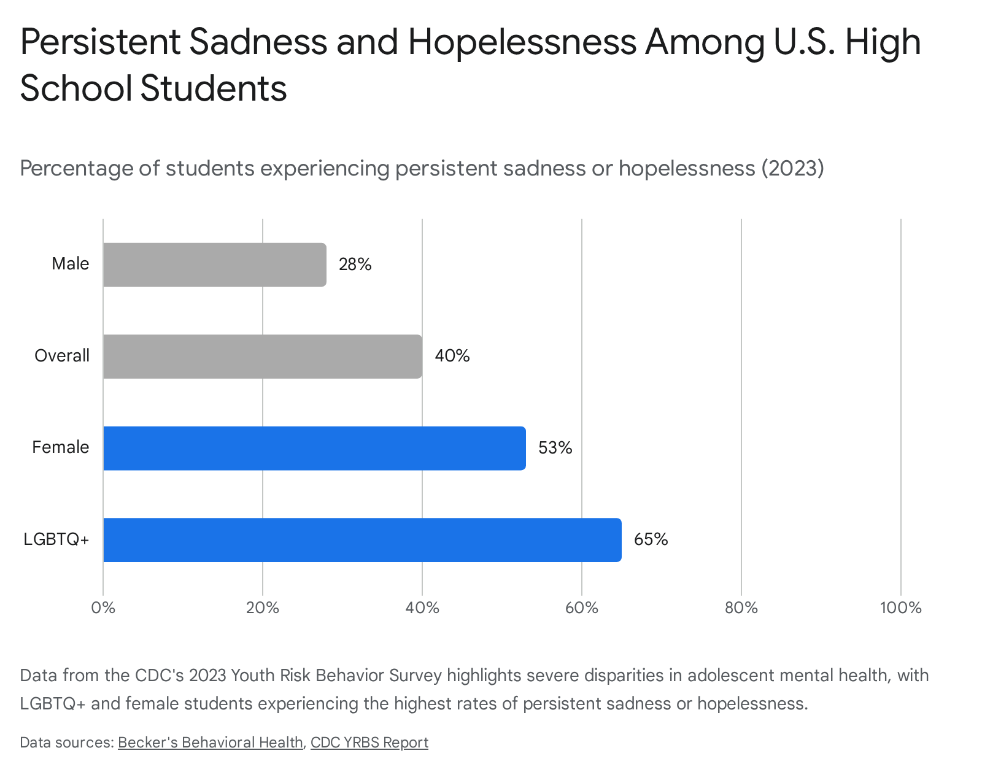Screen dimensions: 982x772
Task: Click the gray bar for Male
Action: tap(215, 264)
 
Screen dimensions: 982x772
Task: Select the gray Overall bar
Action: tap(263, 357)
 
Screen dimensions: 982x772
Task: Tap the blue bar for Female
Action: tap(314, 448)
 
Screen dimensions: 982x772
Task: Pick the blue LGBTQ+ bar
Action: tap(362, 540)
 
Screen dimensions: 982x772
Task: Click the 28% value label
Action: tap(355, 264)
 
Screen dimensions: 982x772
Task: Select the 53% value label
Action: tap(555, 448)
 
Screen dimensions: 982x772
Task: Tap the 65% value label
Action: tap(651, 540)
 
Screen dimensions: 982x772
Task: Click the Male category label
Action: tap(70, 264)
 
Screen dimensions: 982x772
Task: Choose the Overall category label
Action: tap(62, 356)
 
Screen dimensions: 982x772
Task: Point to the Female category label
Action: tap(61, 447)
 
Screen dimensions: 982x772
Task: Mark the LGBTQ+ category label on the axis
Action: tap(56, 539)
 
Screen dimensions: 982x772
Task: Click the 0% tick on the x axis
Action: tap(103, 608)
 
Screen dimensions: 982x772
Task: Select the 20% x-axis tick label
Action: tap(263, 608)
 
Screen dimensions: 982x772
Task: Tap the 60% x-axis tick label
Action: tap(582, 608)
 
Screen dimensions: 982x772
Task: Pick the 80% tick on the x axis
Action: tap(741, 608)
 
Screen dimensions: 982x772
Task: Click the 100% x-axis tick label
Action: tap(901, 608)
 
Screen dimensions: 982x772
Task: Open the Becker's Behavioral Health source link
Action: tap(211, 743)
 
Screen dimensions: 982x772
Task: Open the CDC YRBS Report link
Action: tap(369, 743)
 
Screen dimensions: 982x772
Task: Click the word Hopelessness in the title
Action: tap(522, 42)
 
